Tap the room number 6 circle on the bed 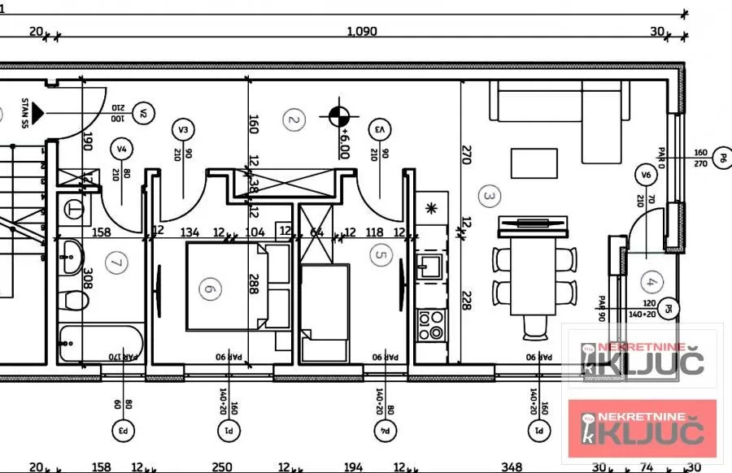210,289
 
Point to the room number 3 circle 489,195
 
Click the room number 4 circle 649,283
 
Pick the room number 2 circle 294,120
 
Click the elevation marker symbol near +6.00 340,116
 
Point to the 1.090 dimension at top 362,33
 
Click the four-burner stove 429,326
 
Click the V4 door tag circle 123,149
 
